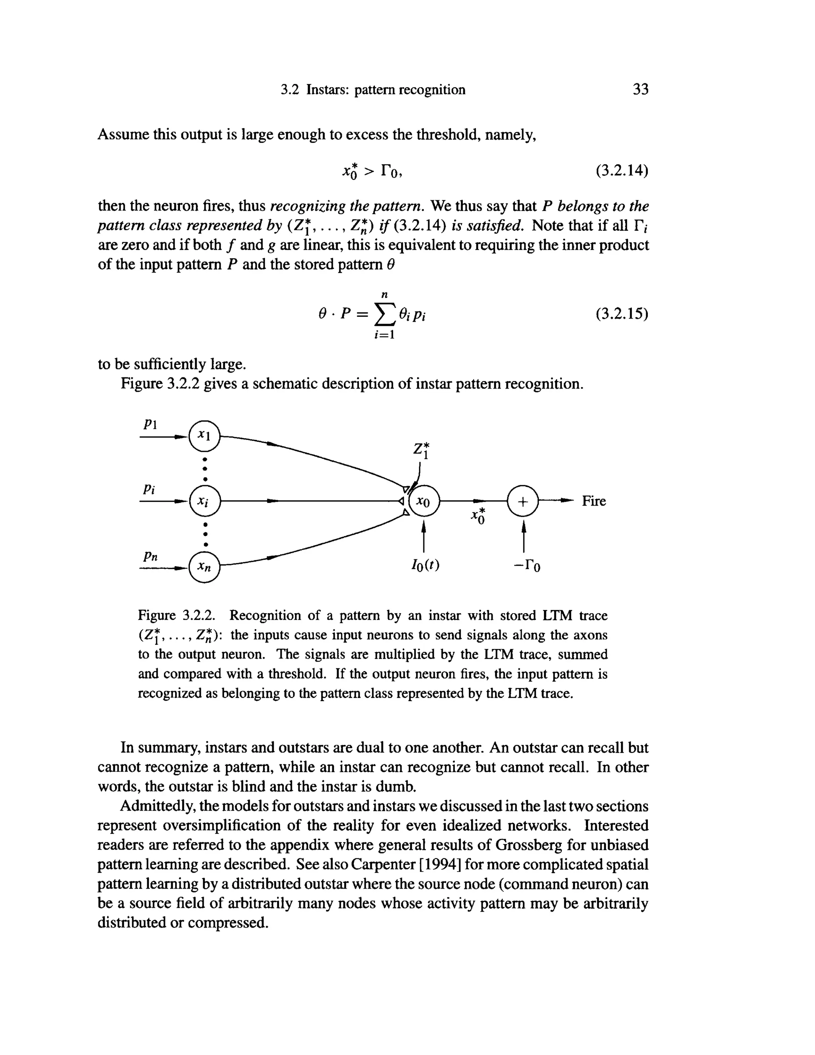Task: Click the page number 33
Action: [640, 89]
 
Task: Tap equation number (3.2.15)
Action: [621, 315]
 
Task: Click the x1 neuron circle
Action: [205, 437]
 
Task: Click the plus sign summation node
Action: [523, 501]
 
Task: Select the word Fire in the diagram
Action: [593, 501]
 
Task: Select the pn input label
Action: [150, 557]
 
